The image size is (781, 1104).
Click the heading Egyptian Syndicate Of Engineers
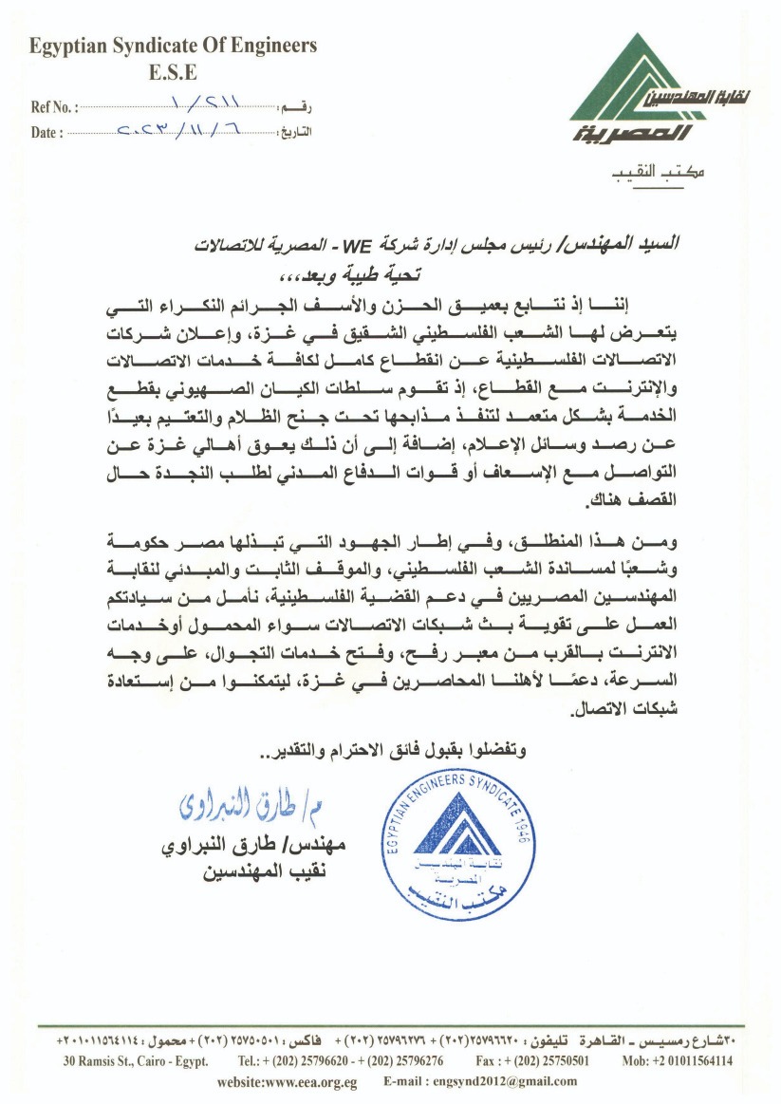(x=172, y=46)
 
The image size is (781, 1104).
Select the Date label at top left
(x=46, y=133)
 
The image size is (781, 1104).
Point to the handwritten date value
(x=186, y=130)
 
